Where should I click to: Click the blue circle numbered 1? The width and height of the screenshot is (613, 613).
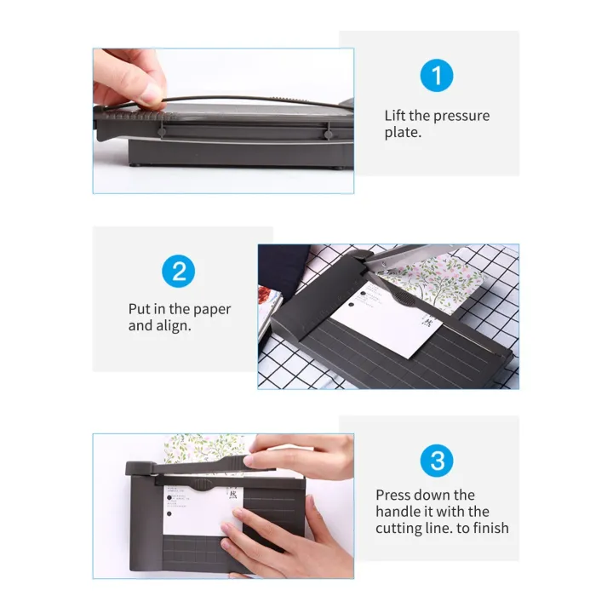(437, 77)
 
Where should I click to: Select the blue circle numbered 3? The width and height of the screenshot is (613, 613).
(437, 461)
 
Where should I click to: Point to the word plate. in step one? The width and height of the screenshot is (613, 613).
(403, 133)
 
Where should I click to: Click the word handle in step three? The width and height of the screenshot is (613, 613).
(398, 512)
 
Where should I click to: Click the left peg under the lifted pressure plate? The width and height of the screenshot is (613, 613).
(161, 132)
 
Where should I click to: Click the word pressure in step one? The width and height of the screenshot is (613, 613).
(459, 116)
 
